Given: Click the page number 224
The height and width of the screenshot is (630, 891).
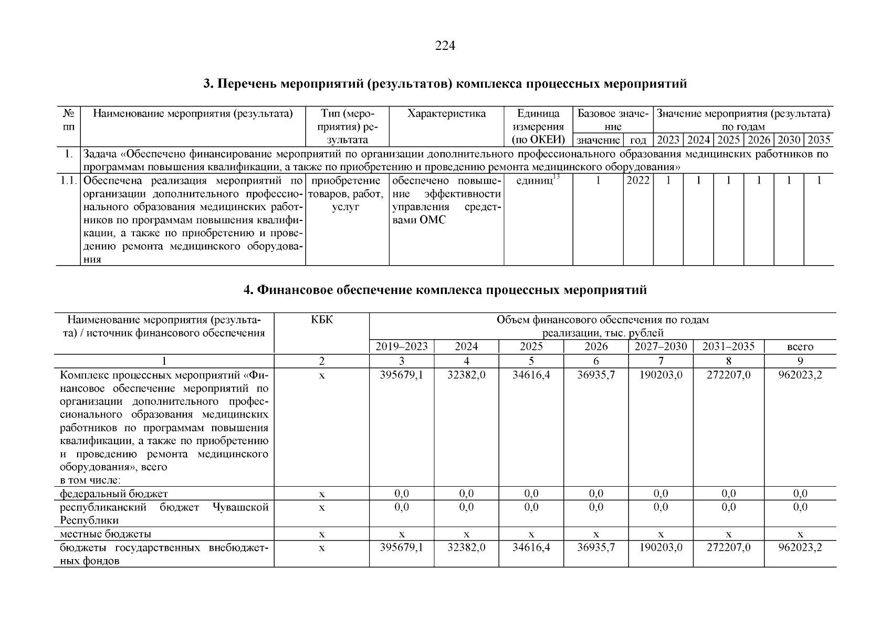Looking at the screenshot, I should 445,46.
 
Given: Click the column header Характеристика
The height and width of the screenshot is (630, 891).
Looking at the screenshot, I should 446,113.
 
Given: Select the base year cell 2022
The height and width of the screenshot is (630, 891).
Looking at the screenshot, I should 638,181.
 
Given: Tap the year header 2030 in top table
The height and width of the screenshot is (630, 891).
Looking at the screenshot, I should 789,140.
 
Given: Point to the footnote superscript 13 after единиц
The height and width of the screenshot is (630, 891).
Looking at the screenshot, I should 557,177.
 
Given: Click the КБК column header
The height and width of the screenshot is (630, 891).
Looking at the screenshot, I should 321,320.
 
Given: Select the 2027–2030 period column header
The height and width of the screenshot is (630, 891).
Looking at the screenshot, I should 661,346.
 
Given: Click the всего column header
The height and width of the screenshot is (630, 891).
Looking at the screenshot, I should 800,346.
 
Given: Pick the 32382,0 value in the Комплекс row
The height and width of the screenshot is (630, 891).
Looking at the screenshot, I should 466,375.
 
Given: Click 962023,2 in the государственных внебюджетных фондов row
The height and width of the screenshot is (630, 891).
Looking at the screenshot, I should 800,547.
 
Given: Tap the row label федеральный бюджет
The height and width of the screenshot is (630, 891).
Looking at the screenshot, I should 114,493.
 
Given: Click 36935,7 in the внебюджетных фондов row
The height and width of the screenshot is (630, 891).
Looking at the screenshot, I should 596,547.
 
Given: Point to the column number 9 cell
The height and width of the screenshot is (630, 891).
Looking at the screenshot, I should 800,361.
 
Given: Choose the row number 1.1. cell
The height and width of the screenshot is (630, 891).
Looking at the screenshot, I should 68,181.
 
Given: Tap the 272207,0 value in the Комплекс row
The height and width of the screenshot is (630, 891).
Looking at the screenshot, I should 728,375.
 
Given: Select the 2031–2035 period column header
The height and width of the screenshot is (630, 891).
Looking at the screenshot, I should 728,346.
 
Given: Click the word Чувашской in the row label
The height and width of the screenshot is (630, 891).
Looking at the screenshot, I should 240,507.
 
